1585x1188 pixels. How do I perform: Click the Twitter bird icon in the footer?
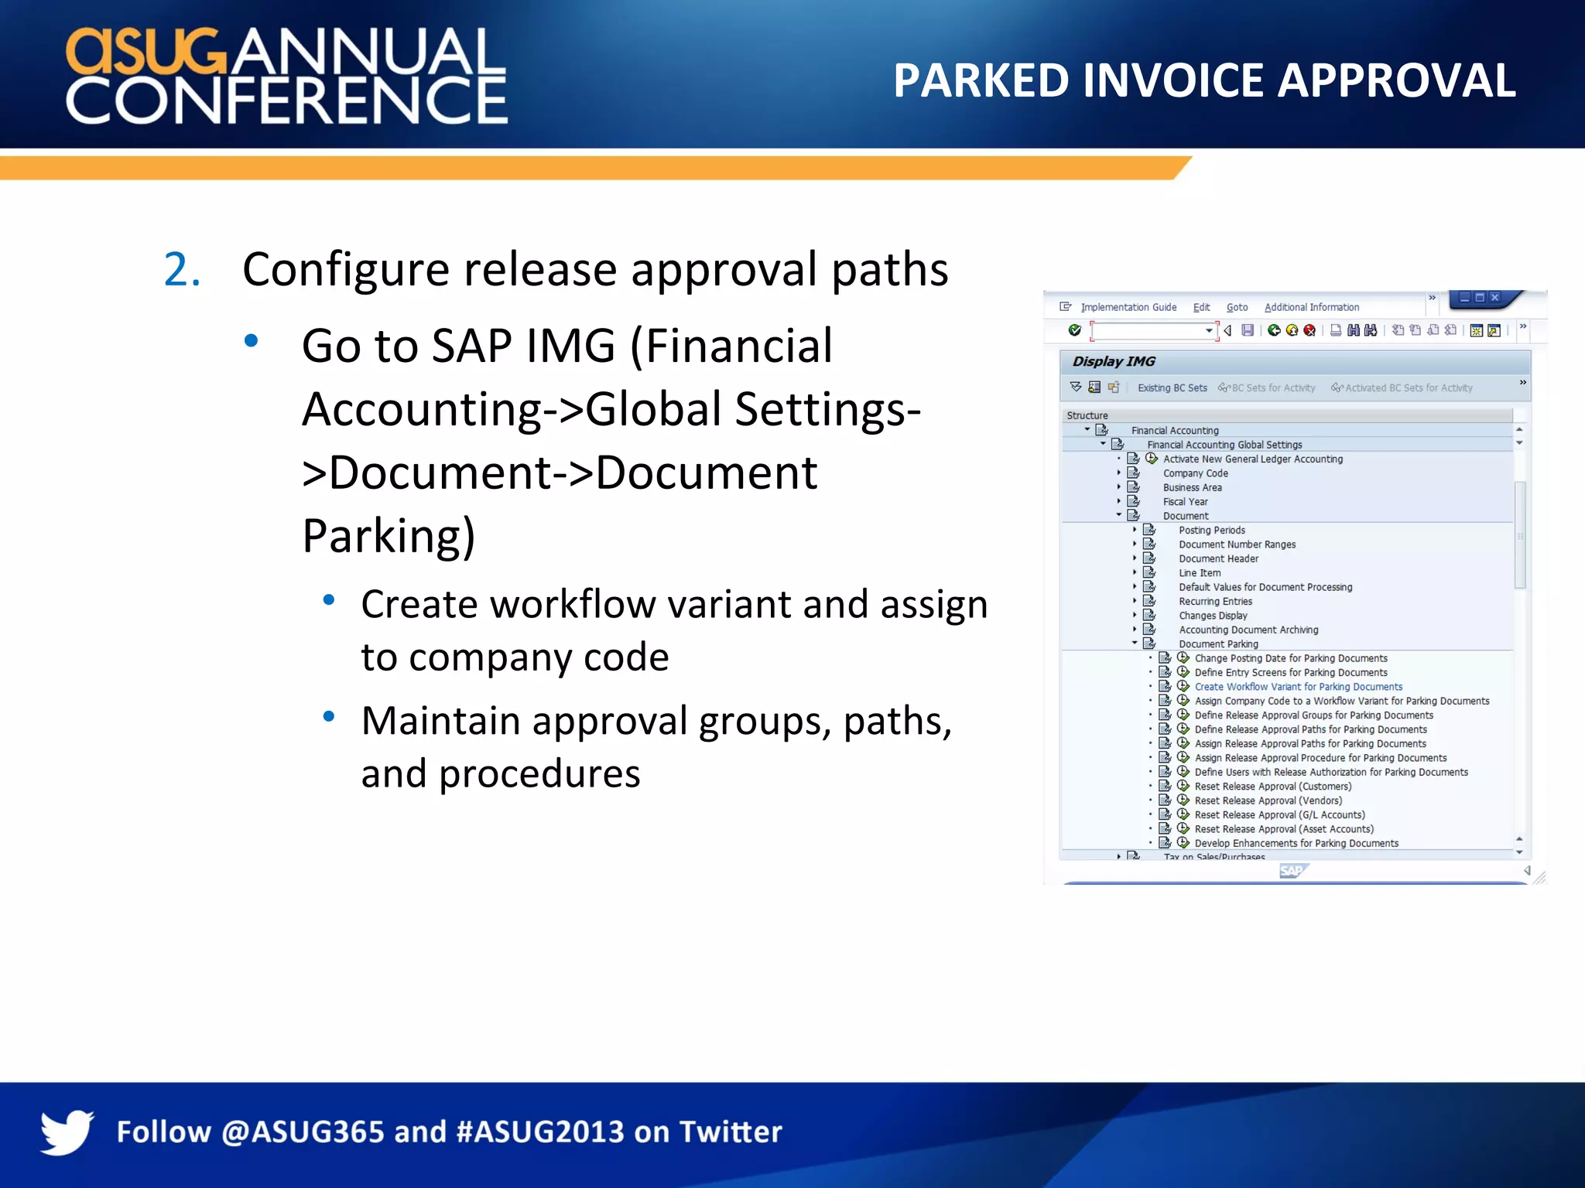pyautogui.click(x=67, y=1132)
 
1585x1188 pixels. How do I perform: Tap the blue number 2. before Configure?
pyautogui.click(x=181, y=270)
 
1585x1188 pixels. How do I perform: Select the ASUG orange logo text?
pyautogui.click(x=147, y=51)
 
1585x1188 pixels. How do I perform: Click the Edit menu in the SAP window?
pyautogui.click(x=1201, y=307)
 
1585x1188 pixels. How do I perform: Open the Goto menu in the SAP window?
pyautogui.click(x=1237, y=307)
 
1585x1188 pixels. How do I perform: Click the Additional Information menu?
pyautogui.click(x=1311, y=307)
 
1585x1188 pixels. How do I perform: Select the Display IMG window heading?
pyautogui.click(x=1114, y=361)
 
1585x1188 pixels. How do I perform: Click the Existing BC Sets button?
pyautogui.click(x=1172, y=388)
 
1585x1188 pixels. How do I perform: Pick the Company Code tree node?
pyautogui.click(x=1195, y=473)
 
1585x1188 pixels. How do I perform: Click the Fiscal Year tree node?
pyautogui.click(x=1185, y=502)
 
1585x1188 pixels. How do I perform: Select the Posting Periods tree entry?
pyautogui.click(x=1212, y=531)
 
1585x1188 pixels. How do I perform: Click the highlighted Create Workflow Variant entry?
pyautogui.click(x=1298, y=687)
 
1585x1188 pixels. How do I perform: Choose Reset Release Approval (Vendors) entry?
pyautogui.click(x=1268, y=801)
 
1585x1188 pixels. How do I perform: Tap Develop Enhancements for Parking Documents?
pyautogui.click(x=1296, y=843)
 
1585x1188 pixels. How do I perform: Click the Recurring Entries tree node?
pyautogui.click(x=1215, y=602)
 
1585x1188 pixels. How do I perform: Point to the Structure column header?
pyautogui.click(x=1087, y=415)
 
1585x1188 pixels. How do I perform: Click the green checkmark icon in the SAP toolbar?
pyautogui.click(x=1075, y=330)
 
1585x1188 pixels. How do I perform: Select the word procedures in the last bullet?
pyautogui.click(x=539, y=773)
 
